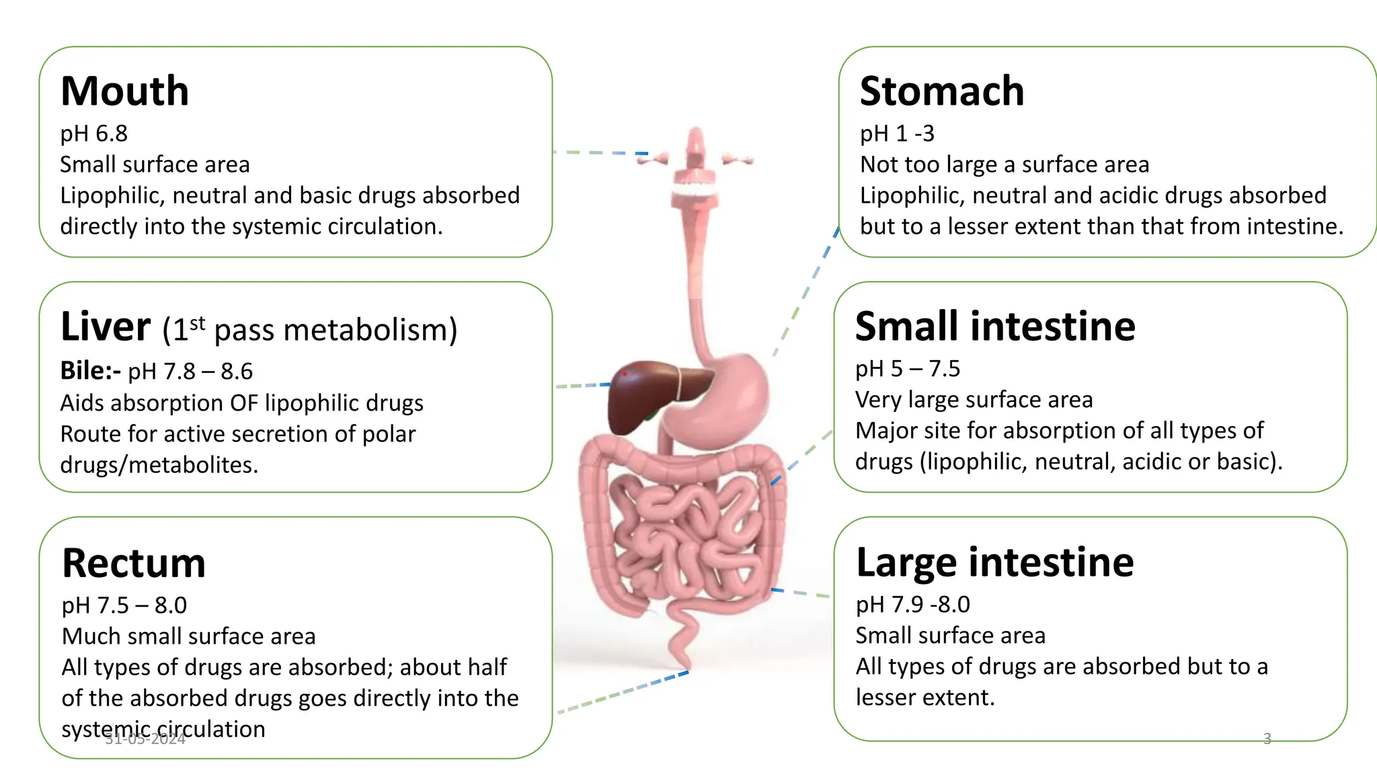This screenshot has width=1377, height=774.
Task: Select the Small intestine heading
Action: (994, 327)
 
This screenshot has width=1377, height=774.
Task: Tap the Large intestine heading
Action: (994, 562)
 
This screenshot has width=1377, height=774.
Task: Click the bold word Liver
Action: (106, 327)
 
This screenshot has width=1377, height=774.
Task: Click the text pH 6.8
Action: (93, 134)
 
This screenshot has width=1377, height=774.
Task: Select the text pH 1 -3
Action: (897, 134)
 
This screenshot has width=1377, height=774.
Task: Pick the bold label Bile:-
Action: (90, 371)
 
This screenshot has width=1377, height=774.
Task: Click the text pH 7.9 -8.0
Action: (912, 605)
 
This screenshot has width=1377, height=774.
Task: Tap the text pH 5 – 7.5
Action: (907, 369)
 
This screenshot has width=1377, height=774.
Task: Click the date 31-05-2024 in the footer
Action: (145, 740)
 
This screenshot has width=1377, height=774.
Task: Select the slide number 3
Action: (1267, 739)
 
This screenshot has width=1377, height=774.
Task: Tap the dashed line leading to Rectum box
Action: (622, 692)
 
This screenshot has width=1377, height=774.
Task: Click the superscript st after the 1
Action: (197, 323)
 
